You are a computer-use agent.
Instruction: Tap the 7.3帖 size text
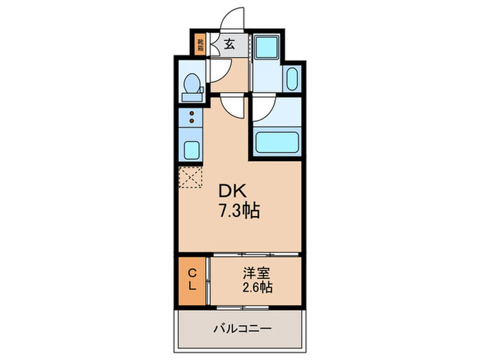click(238, 211)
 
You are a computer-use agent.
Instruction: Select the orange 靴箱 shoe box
click(200, 45)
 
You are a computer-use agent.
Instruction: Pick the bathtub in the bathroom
click(276, 142)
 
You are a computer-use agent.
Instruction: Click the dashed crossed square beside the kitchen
click(191, 176)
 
